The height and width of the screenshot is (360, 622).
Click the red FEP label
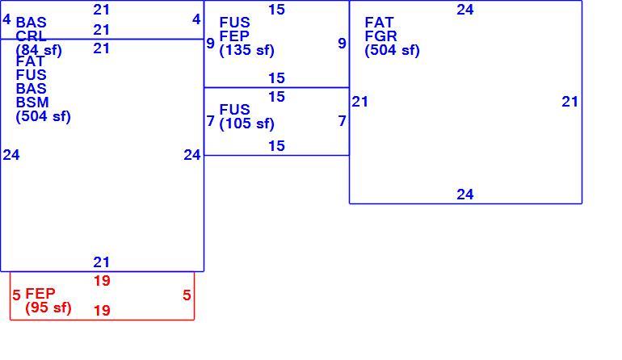point(40,294)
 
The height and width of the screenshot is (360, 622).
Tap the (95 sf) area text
point(48,308)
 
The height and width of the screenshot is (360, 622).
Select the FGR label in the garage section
point(380,36)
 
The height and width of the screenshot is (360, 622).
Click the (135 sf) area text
point(246,50)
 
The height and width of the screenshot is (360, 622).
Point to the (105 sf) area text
point(246,123)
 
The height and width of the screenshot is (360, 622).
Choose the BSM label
point(32,103)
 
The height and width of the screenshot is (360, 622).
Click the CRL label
point(31,36)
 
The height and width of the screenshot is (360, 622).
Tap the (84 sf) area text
point(39,50)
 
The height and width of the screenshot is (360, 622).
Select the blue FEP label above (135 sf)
point(234,36)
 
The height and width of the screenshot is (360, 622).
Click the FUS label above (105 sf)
point(234,109)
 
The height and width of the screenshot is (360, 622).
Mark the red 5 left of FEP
point(16,295)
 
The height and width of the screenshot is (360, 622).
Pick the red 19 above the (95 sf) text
point(102,281)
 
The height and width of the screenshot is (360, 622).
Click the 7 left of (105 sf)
point(211,121)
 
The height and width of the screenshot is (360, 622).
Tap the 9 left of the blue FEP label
point(211,44)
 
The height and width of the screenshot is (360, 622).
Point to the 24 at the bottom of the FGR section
point(465,195)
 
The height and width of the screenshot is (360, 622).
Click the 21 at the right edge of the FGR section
point(569,102)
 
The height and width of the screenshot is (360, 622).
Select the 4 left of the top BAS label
point(6,19)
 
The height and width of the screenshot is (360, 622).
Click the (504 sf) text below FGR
point(392,50)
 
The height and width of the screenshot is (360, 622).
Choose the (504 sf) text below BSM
point(44,116)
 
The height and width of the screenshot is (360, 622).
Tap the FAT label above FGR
point(379,23)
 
